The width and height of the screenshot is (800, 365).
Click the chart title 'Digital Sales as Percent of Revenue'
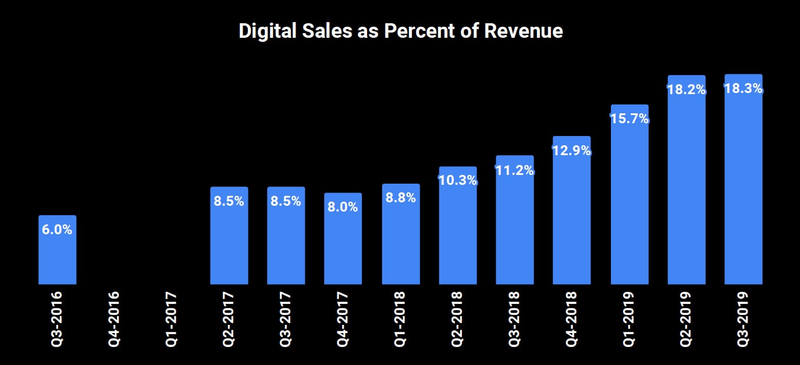pyautogui.click(x=400, y=31)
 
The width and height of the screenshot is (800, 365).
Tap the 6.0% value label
pyautogui.click(x=57, y=230)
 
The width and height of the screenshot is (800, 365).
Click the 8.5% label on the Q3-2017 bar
pyautogui.click(x=286, y=202)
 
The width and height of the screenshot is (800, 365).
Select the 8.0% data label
pyautogui.click(x=343, y=207)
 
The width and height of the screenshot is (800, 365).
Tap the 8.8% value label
pyautogui.click(x=400, y=198)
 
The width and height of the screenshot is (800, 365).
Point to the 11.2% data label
pyautogui.click(x=514, y=170)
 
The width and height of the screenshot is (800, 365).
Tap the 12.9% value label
pyautogui.click(x=571, y=151)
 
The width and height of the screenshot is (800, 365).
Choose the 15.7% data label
pyautogui.click(x=629, y=119)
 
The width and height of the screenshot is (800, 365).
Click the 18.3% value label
pyautogui.click(x=743, y=90)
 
